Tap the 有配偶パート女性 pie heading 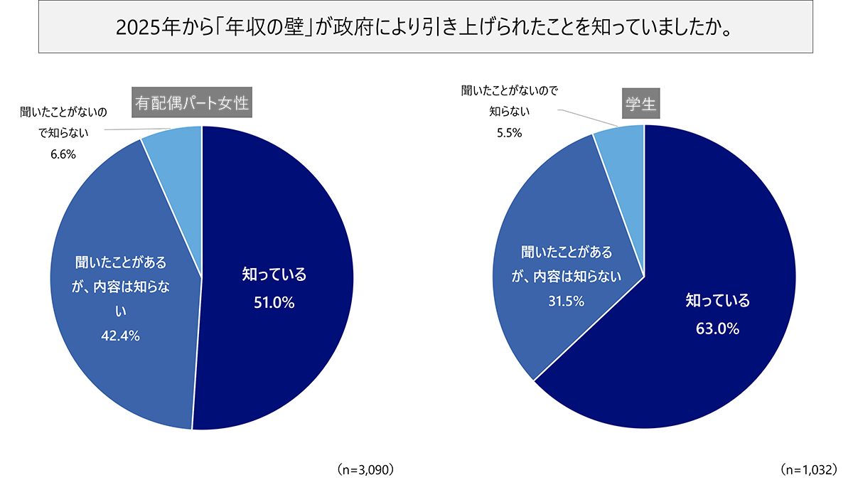point(192,104)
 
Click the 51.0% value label point(274,303)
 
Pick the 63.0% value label point(717,329)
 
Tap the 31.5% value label point(566,301)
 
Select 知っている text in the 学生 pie point(717,301)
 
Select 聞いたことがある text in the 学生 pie point(566,252)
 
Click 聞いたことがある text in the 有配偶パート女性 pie point(121,262)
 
